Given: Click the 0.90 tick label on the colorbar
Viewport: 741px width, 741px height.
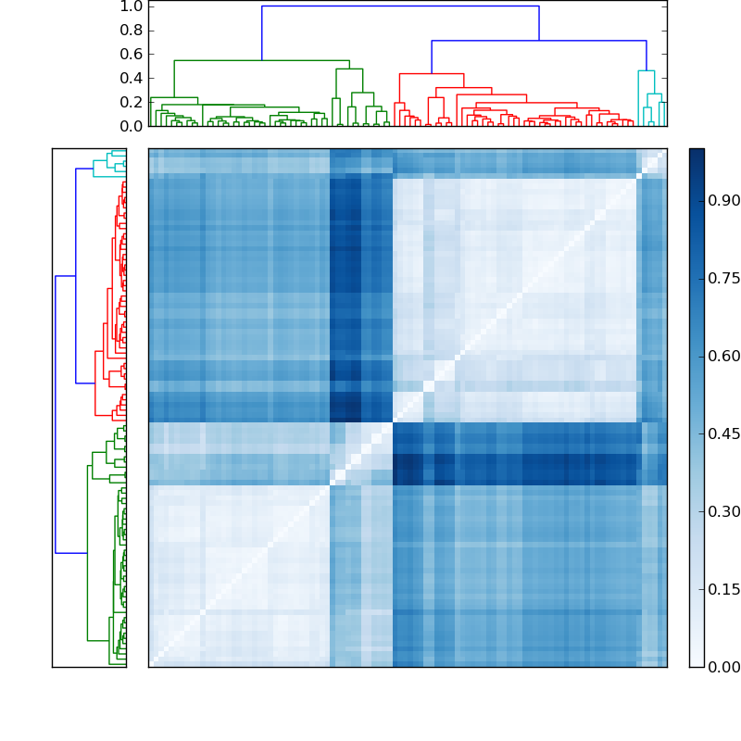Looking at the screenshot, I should click(724, 200).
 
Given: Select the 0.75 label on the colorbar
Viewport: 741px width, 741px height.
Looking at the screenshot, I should click(724, 278).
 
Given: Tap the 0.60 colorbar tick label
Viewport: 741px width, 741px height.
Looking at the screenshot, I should click(724, 356).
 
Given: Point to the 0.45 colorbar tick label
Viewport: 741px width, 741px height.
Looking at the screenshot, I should click(724, 433).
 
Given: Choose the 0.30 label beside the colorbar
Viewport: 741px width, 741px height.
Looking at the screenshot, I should click(724, 511).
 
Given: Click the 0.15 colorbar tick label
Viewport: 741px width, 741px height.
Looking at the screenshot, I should click(724, 589).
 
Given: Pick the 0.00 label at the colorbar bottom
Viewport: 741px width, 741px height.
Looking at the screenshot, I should click(724, 667).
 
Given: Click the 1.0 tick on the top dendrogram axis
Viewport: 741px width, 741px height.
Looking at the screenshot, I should click(131, 6).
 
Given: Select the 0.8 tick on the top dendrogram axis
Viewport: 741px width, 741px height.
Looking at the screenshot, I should click(131, 30).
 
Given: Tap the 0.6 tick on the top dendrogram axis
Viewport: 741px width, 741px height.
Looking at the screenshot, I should click(131, 54).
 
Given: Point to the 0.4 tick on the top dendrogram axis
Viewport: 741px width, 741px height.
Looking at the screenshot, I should click(131, 78).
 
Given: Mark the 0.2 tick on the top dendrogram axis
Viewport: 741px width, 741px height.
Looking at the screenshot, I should click(131, 102).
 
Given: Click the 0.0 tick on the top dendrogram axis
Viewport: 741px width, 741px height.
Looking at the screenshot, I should click(131, 125).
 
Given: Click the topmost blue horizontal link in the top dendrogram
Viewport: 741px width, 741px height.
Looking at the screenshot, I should click(400, 6).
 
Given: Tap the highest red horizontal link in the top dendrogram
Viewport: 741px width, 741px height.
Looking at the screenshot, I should click(431, 74).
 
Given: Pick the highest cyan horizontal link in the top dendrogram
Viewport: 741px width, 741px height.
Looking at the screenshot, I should click(646, 71).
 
